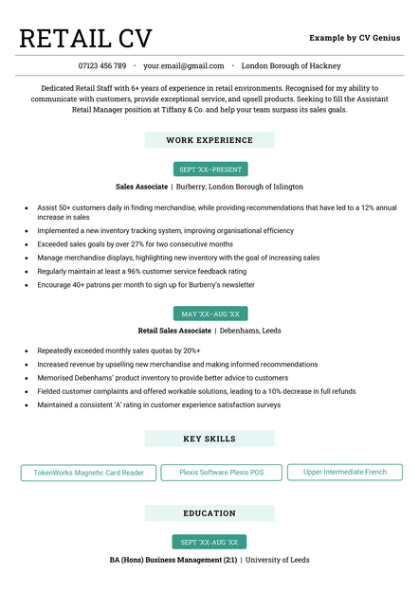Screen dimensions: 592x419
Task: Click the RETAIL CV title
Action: [85, 38]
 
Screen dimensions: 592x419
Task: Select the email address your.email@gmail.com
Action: [184, 66]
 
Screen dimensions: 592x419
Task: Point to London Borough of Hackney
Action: [291, 66]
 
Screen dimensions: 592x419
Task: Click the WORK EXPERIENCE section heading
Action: [209, 140]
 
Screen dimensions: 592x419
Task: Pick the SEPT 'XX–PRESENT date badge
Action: [210, 170]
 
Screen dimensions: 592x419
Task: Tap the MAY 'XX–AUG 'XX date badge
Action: [210, 314]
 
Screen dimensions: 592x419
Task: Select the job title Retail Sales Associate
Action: [174, 331]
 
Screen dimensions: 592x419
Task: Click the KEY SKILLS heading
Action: [209, 439]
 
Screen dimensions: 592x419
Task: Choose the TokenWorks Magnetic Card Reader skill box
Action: [88, 472]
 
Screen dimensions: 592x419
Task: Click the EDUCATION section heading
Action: [209, 513]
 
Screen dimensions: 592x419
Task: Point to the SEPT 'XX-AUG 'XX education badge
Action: [209, 542]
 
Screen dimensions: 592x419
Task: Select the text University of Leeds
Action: [278, 560]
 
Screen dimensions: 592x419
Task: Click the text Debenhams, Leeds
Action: [250, 331]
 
